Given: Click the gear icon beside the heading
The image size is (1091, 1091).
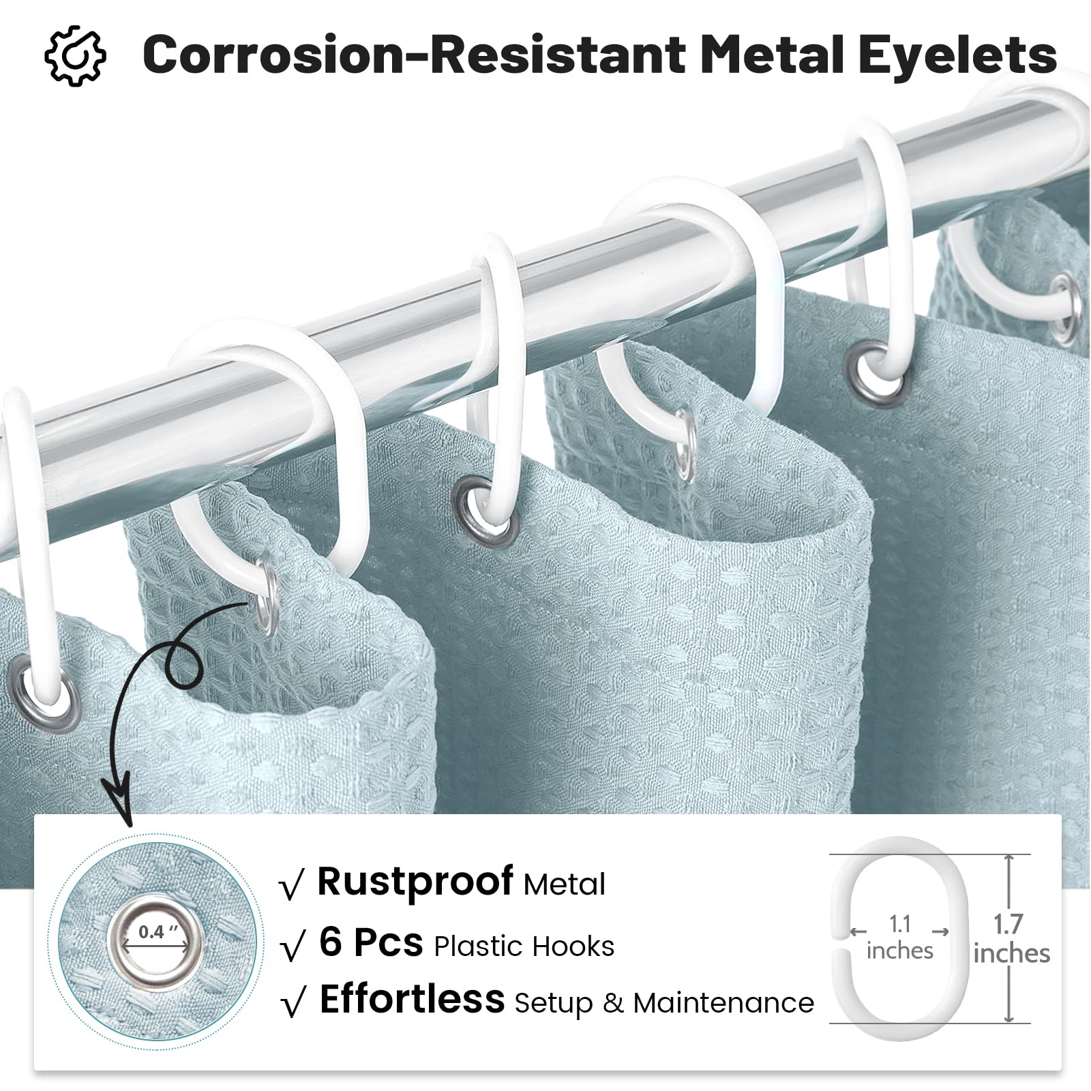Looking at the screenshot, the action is [x=75, y=55].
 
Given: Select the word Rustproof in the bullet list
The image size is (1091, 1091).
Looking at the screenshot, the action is [x=415, y=882].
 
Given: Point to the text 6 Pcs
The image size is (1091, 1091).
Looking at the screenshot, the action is [x=371, y=943].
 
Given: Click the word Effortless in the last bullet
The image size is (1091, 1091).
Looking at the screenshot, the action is [x=412, y=1000].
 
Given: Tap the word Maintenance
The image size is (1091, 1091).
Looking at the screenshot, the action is [x=723, y=1003].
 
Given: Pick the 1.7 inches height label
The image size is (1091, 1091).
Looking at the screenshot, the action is [x=1011, y=938].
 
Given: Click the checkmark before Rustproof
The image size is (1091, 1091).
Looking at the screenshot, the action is [x=292, y=887].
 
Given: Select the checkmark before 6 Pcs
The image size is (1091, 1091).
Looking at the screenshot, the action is [x=292, y=948].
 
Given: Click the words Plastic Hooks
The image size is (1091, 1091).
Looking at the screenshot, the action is [x=524, y=946].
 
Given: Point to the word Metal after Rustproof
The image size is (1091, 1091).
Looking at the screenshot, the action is [x=565, y=884].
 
